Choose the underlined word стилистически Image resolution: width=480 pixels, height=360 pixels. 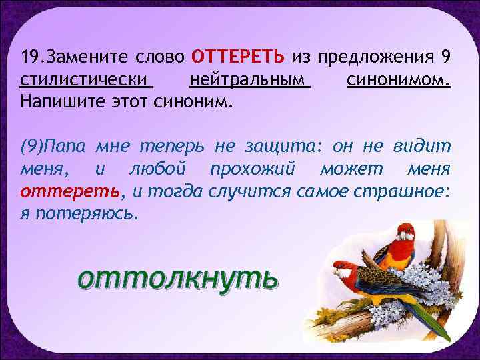point(85,82)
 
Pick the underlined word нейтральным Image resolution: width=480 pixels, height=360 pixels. point(249,82)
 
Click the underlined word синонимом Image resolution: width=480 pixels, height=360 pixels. point(398,82)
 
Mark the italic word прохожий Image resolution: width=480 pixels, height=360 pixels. point(271,168)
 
